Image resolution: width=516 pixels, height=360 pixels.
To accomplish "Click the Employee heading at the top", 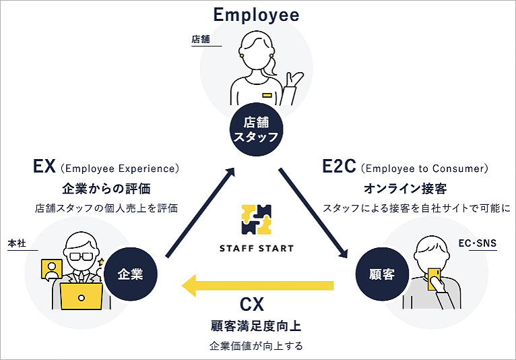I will tap(256, 14).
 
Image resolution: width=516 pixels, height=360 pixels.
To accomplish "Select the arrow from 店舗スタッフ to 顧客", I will tap(314, 212).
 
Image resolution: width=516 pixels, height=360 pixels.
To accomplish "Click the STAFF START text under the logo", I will tap(257, 248).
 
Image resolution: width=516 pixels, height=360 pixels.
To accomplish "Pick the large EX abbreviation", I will tap(44, 167).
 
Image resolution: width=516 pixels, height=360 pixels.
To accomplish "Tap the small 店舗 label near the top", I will tap(201, 40).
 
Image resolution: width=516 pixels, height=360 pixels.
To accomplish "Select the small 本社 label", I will tap(17, 243).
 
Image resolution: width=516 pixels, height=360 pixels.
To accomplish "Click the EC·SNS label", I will tap(477, 242).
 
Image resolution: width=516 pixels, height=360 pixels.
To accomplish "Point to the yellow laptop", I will tap(82, 295).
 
